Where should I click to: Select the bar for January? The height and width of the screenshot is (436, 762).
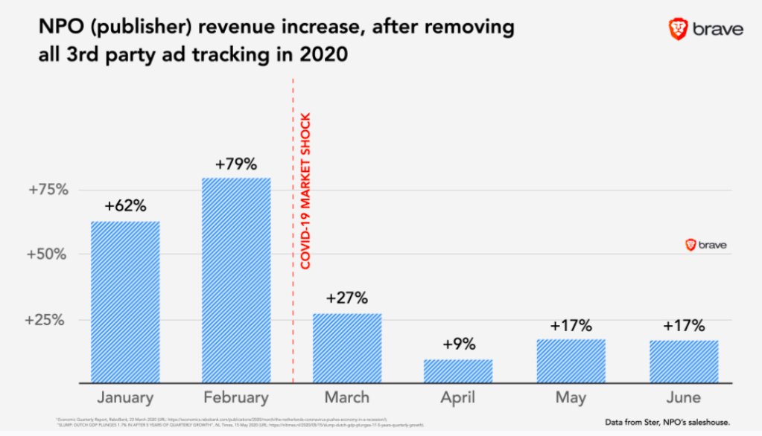pyautogui.click(x=125, y=301)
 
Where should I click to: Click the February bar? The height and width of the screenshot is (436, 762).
pyautogui.click(x=237, y=280)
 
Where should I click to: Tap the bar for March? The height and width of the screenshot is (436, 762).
pyautogui.click(x=347, y=347)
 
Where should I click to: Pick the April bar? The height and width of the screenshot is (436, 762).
pyautogui.click(x=458, y=371)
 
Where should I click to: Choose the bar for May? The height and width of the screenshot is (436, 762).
pyautogui.click(x=571, y=361)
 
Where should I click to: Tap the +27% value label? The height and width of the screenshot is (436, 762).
pyautogui.click(x=347, y=299)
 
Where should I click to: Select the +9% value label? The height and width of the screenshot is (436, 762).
pyautogui.click(x=458, y=345)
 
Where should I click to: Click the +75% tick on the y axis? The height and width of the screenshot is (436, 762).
pyautogui.click(x=48, y=190)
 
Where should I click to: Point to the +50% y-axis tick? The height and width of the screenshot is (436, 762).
pyautogui.click(x=48, y=254)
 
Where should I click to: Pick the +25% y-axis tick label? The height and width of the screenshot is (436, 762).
pyautogui.click(x=48, y=320)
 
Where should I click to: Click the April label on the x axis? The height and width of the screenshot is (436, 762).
pyautogui.click(x=458, y=398)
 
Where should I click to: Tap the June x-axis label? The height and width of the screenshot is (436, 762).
pyautogui.click(x=682, y=398)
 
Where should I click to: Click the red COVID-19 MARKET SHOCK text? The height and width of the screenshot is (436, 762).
pyautogui.click(x=305, y=190)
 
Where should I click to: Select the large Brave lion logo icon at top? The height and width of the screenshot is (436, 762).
pyautogui.click(x=678, y=29)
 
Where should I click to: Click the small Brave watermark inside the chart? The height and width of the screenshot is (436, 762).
pyautogui.click(x=705, y=245)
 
